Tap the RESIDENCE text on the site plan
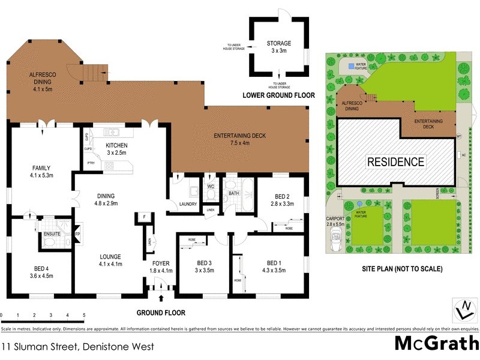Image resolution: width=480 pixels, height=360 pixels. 395,161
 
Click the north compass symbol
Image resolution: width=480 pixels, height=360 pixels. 465,310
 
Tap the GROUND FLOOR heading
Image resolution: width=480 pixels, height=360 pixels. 161,313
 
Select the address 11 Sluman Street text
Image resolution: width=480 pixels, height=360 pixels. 78,346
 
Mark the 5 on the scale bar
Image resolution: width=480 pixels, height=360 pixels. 83,314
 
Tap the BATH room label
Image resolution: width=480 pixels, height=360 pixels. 233,194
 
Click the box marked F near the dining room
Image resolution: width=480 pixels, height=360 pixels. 144,217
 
